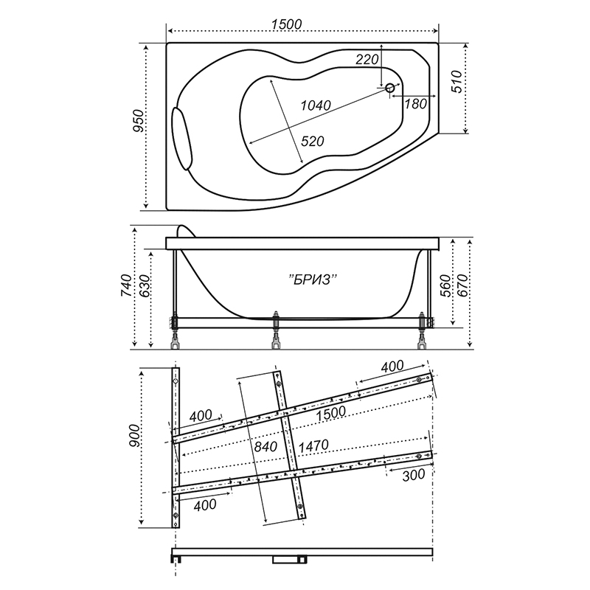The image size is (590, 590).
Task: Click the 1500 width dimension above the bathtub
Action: tap(286, 24)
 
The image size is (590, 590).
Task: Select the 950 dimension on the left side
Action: tap(139, 120)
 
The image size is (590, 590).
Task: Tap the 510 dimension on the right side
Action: tap(456, 82)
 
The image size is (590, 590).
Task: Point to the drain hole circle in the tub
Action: tap(390, 88)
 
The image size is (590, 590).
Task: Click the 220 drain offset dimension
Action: tap(367, 59)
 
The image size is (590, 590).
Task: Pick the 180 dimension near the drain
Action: tap(415, 103)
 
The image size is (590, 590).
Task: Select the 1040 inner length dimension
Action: tap(316, 105)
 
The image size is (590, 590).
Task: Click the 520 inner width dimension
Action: tap(313, 141)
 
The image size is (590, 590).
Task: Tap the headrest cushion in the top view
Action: tap(182, 139)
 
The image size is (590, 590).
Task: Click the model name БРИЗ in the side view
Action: tap(313, 280)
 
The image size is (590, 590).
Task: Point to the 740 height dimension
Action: tap(126, 285)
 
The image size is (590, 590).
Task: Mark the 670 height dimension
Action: tap(463, 285)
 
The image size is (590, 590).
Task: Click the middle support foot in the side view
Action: tap(276, 330)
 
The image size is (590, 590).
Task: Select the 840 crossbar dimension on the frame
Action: tap(265, 447)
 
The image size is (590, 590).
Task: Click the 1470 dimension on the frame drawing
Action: tap(313, 446)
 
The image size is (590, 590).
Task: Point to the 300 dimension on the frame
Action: tap(414, 476)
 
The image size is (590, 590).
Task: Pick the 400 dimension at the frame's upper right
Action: tap(392, 366)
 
